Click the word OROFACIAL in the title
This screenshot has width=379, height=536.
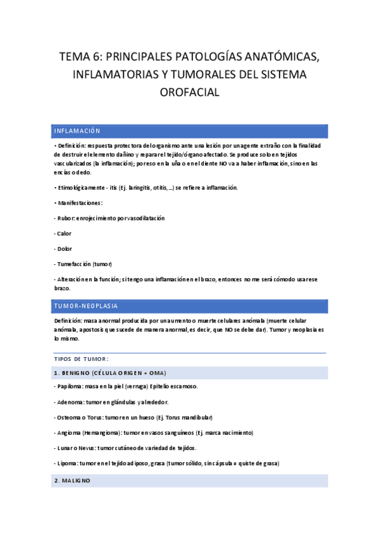[x=190, y=92]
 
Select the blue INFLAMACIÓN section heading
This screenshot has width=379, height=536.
[x=77, y=131]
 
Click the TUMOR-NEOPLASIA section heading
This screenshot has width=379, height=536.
[x=86, y=306]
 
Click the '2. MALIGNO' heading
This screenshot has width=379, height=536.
[x=73, y=480]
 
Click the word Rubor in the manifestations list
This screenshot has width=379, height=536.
[x=66, y=217]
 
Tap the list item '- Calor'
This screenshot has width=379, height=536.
[x=64, y=233]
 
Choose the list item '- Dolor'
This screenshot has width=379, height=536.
[x=64, y=248]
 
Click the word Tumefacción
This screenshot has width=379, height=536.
[x=74, y=263]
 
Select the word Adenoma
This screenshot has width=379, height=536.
[x=72, y=402]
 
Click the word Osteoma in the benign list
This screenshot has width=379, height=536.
[x=71, y=417]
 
